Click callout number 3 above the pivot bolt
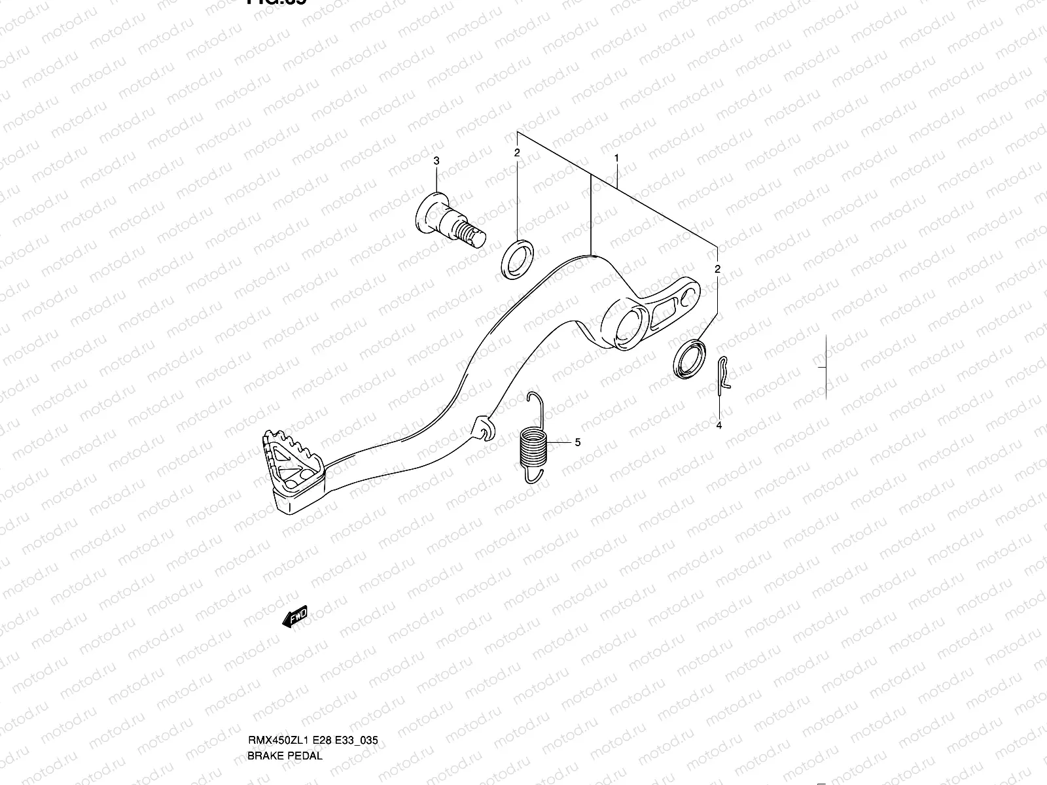point(437,161)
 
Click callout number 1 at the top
point(616,158)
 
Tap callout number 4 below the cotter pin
point(719,426)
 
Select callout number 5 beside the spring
point(577,442)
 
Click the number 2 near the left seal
point(517,152)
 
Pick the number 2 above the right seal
point(718,269)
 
